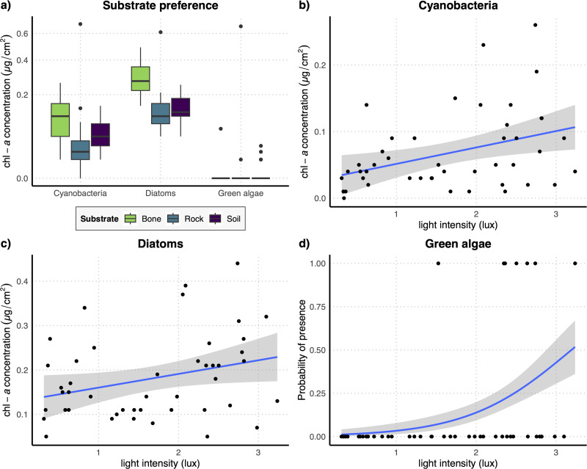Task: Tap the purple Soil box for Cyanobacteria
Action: pos(100,134)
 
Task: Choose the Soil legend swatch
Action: pos(216,218)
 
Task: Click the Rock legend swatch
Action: pos(175,218)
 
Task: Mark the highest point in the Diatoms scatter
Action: pos(238,263)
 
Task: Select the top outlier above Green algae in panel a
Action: pos(241,26)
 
